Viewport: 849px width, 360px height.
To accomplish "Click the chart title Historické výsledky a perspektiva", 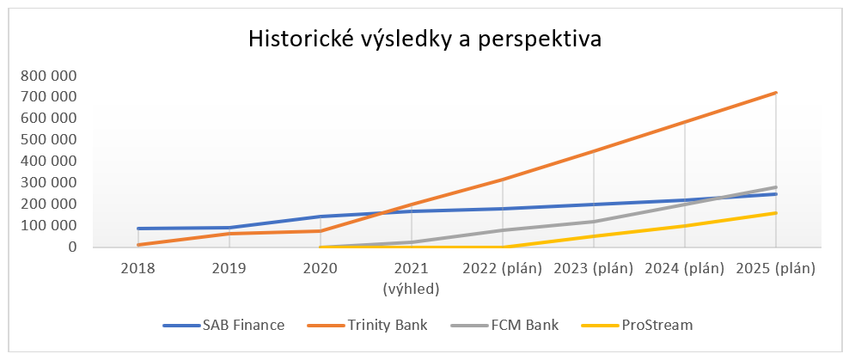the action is [424, 40].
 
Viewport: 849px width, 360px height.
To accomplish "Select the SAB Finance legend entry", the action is [223, 326].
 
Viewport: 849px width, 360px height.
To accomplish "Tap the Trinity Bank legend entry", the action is [367, 326].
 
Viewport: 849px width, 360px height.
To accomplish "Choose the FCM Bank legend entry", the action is [504, 326].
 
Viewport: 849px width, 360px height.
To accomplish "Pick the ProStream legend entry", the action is [637, 326].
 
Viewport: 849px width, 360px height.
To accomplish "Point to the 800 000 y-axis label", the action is [47, 76].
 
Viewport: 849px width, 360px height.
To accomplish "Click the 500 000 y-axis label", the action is [47, 140].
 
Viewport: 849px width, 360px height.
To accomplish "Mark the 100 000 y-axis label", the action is [47, 226].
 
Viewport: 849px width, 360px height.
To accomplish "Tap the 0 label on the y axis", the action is [71, 247].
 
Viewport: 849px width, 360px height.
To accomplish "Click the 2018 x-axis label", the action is [137, 269].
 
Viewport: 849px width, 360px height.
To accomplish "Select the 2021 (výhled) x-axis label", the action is [411, 278].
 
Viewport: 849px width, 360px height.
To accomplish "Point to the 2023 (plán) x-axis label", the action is [594, 269].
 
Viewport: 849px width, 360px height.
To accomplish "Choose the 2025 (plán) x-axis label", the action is [776, 269].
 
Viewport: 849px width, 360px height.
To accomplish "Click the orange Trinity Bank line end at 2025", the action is [776, 93].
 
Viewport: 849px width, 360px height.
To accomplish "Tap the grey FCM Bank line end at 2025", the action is [776, 187].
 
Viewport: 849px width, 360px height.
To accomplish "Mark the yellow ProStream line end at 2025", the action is [776, 213].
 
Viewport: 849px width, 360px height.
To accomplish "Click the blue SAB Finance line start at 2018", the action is [138, 229].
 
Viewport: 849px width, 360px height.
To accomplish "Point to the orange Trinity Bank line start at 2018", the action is [138, 245].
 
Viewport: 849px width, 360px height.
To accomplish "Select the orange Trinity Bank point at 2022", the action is [503, 179].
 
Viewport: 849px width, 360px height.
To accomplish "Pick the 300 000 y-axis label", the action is [47, 183].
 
